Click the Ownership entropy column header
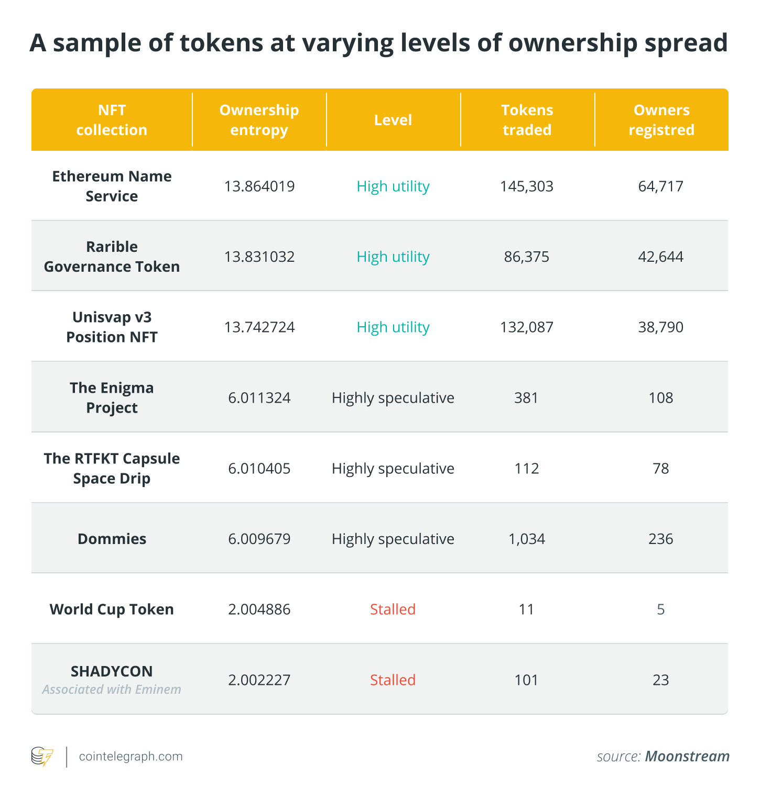[x=259, y=120]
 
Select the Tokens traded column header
[x=527, y=120]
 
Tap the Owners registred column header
[x=661, y=120]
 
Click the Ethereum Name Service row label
[x=112, y=186]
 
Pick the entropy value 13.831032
[x=259, y=257]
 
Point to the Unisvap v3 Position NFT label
[x=112, y=327]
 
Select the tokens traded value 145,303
[x=527, y=186]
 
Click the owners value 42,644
[x=660, y=257]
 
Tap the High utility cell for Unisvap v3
[x=393, y=327]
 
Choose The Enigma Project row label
[x=112, y=397]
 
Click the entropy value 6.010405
[x=259, y=468]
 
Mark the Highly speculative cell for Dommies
[x=393, y=539]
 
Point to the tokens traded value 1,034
[x=527, y=539]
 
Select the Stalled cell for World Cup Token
[x=393, y=609]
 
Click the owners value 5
[x=660, y=609]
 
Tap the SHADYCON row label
[x=112, y=671]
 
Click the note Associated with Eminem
[x=112, y=690]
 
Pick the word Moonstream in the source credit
[x=687, y=757]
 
